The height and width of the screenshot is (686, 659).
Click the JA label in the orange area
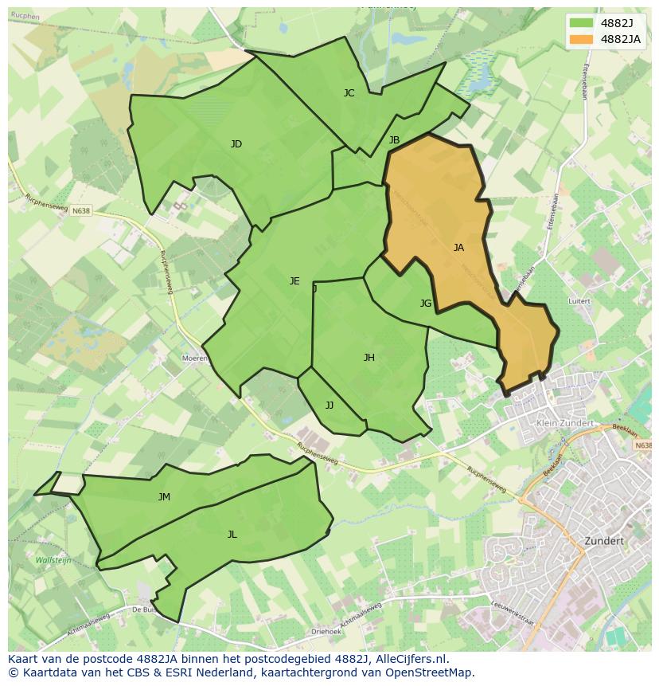click(x=458, y=248)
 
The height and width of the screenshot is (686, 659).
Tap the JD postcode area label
click(x=236, y=144)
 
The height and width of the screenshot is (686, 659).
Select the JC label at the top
click(x=349, y=93)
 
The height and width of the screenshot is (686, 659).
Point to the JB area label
click(x=394, y=140)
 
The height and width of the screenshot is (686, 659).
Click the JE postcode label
click(x=294, y=281)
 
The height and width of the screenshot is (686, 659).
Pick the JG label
click(x=426, y=304)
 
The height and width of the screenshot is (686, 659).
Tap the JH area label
click(x=369, y=358)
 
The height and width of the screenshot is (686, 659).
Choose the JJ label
click(x=329, y=406)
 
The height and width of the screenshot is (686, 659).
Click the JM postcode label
click(x=164, y=497)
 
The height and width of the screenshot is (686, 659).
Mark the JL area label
click(x=232, y=535)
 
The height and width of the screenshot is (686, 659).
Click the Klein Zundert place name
click(x=566, y=423)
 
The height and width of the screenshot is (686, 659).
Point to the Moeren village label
click(x=195, y=359)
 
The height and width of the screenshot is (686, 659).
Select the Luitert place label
click(x=579, y=302)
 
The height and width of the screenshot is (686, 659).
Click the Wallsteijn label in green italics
click(x=53, y=560)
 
